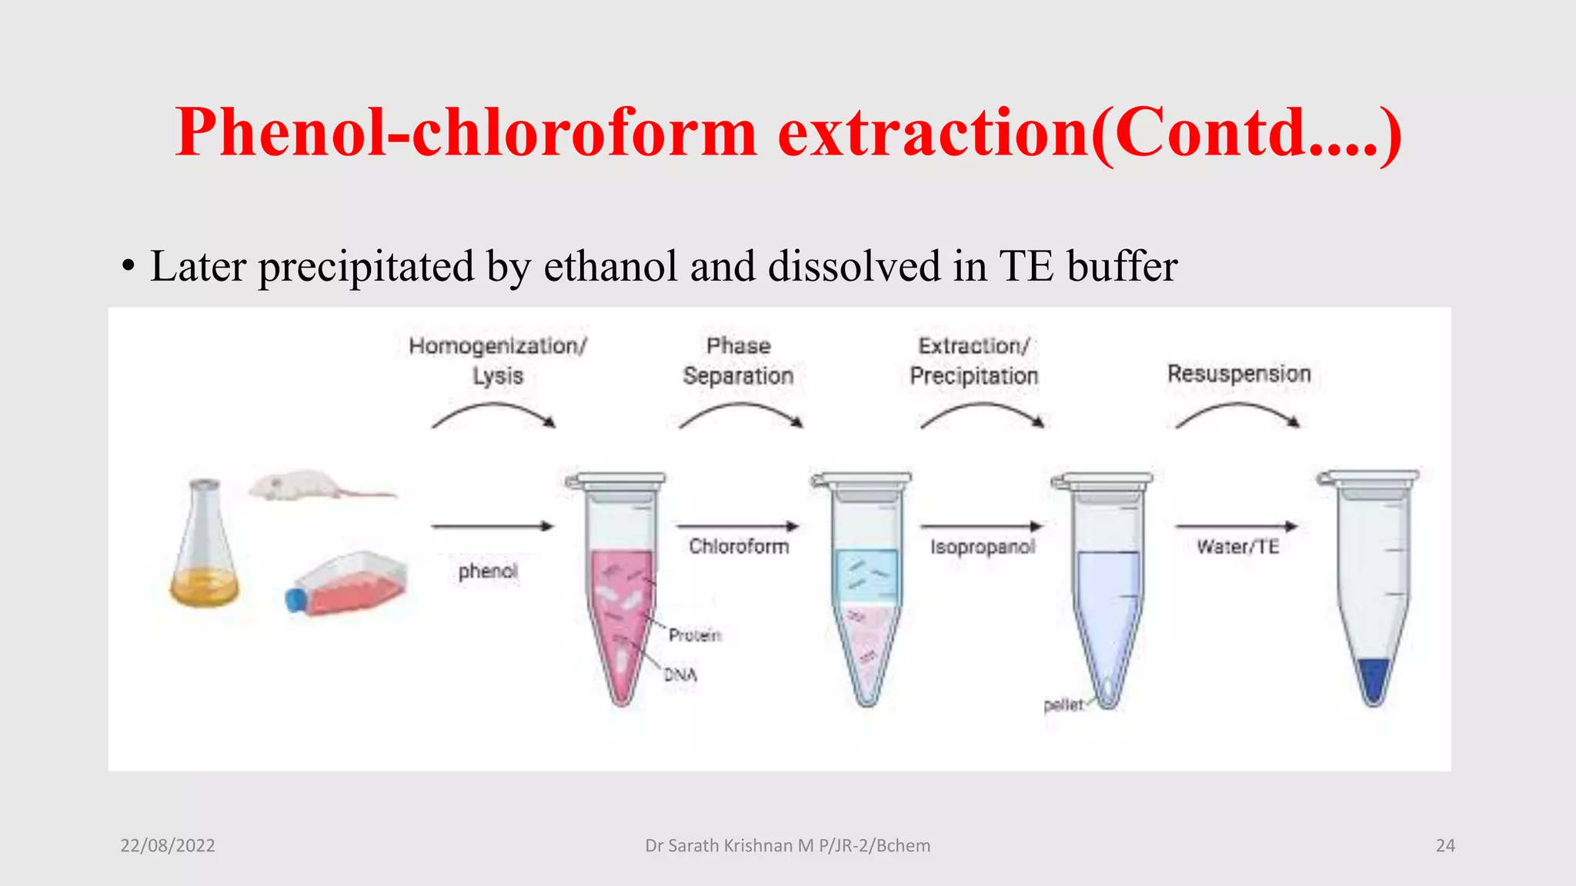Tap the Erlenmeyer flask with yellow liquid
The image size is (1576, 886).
205,554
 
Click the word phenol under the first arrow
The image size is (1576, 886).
488,571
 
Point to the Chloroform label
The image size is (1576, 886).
739,547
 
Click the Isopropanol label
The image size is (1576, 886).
983,547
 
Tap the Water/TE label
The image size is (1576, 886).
1237,547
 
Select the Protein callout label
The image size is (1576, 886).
695,635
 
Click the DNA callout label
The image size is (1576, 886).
680,675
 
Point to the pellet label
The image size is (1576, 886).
1063,705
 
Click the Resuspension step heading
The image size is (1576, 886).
1239,374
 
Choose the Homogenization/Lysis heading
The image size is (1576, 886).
498,361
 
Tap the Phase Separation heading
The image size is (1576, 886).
738,361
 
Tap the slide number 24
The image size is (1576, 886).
1445,846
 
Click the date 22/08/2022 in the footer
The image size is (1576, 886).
168,846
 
